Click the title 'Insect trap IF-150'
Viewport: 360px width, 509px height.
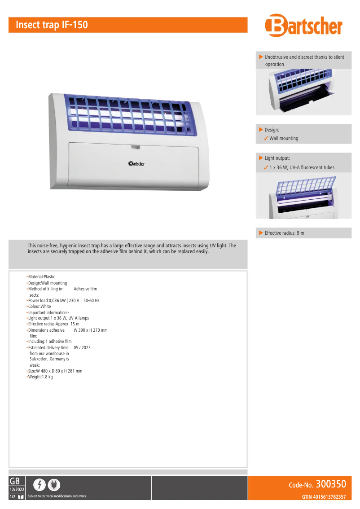coord(52,25)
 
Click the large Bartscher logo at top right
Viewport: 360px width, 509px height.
coord(303,26)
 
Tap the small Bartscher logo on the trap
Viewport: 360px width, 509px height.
coord(136,164)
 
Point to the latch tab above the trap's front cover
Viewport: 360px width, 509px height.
coord(135,146)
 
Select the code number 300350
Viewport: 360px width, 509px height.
coord(331,484)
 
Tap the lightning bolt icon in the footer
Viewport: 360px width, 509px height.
coord(40,485)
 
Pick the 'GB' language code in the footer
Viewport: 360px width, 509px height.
coord(14,481)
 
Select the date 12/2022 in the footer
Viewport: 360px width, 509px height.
coord(17,489)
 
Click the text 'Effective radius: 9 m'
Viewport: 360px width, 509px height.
coord(285,233)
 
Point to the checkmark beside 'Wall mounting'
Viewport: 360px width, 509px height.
coord(266,138)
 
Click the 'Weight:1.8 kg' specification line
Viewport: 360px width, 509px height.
coord(40,377)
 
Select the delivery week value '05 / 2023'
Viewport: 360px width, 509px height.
coord(82,347)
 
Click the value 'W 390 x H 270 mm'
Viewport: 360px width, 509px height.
coord(90,330)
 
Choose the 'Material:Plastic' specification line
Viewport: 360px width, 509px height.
coord(41,277)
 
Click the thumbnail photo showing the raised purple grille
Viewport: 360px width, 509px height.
coord(303,196)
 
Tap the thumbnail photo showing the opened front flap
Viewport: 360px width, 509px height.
coord(303,92)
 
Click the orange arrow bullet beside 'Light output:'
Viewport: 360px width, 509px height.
coord(261,158)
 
